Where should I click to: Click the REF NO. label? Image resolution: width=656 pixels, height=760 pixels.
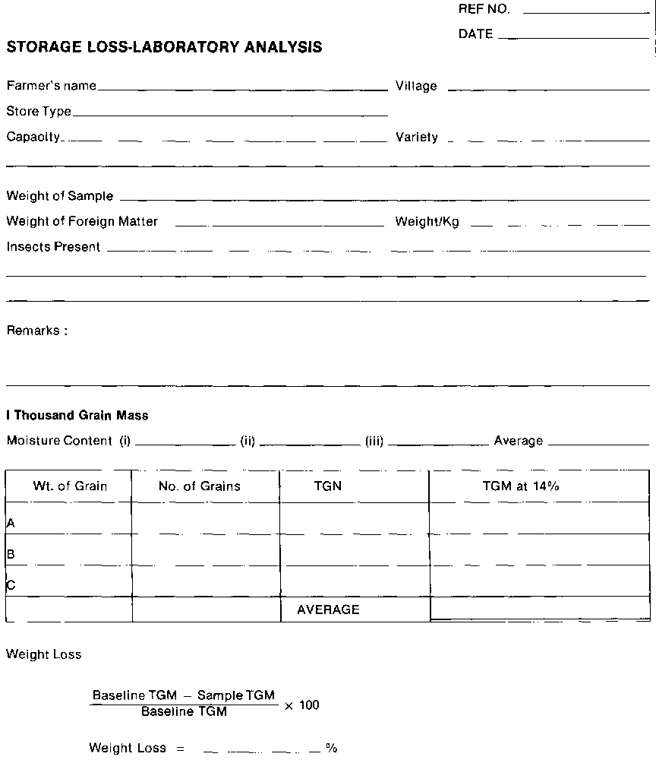[x=484, y=10]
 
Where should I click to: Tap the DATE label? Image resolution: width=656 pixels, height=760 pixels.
[x=475, y=34]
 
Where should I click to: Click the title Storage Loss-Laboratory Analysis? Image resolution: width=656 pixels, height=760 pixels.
[x=164, y=47]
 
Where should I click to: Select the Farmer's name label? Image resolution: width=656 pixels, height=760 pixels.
[x=52, y=86]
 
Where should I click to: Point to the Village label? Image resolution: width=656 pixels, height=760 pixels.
[x=416, y=87]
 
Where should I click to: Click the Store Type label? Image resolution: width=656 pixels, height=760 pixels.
[x=39, y=112]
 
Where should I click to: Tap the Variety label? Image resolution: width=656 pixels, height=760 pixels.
[x=417, y=138]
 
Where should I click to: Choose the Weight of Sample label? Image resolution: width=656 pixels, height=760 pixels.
[x=60, y=196]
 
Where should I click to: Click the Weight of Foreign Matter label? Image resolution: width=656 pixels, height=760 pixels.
[x=82, y=222]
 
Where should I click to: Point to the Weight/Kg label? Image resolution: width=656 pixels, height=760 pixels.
[x=427, y=223]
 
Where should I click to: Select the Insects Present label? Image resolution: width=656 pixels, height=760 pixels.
[x=53, y=247]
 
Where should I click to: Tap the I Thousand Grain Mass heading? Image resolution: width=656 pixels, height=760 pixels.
[x=77, y=416]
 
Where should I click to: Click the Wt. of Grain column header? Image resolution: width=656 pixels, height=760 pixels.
[x=70, y=486]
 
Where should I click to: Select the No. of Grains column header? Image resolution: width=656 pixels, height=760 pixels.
[x=200, y=486]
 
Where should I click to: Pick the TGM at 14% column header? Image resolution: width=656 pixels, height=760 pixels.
[x=521, y=486]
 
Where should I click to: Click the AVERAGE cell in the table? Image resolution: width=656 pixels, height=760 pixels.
[x=328, y=610]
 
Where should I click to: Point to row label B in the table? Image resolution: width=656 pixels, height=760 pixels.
[x=11, y=555]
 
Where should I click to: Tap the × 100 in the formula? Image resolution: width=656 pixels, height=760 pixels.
[x=301, y=705]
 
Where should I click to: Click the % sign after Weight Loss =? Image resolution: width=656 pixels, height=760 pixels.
[x=331, y=749]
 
